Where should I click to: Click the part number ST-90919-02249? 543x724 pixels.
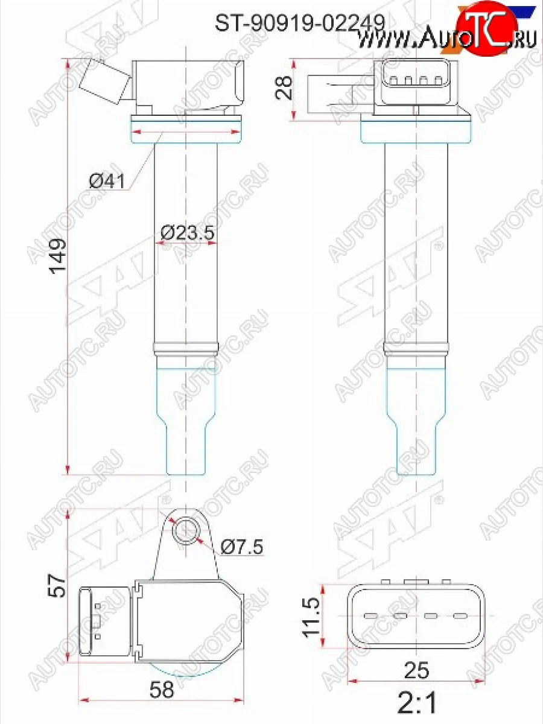(300, 23)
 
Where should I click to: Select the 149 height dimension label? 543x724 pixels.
(59, 257)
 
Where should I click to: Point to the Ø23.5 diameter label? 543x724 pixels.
(188, 232)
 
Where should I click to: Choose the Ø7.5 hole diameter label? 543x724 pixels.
(242, 547)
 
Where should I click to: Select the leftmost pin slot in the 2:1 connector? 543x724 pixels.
(370, 616)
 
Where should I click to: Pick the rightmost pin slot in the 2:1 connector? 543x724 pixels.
(460, 616)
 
